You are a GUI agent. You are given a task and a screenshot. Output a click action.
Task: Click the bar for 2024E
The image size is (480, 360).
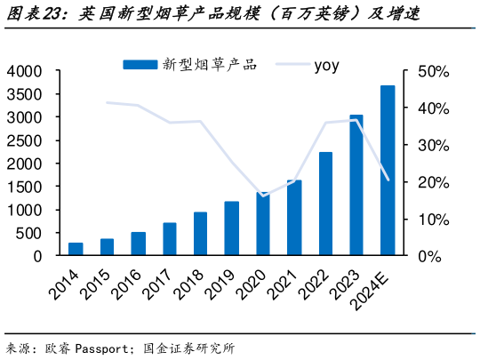point(388,171)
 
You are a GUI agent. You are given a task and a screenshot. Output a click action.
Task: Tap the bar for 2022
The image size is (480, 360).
point(325,204)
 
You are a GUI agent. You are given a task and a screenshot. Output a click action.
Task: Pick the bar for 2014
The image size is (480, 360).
point(76,249)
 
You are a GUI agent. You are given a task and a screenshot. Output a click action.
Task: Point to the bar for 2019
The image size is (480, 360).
point(232,228)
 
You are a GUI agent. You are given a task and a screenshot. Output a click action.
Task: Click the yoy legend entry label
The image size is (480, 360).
point(326,64)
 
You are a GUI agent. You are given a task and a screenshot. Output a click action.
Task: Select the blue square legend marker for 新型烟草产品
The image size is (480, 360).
point(140,64)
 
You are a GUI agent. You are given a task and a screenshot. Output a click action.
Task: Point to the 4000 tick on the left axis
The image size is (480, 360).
point(24,71)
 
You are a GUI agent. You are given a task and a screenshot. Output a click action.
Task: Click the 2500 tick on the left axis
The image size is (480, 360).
point(24,140)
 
